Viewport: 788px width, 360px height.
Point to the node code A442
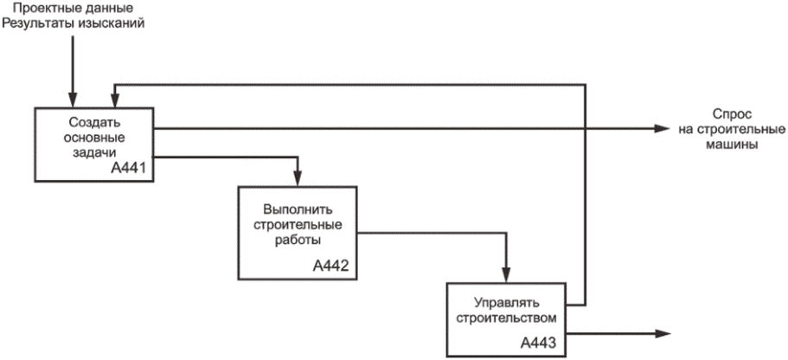pos(331,265)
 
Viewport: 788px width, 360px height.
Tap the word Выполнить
pos(297,209)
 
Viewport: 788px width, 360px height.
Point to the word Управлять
pos(504,303)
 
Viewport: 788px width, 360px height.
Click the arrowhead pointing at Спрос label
pos(663,130)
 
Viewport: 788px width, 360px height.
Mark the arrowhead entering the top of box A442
pos(298,177)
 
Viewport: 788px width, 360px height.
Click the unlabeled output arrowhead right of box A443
pos(663,333)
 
